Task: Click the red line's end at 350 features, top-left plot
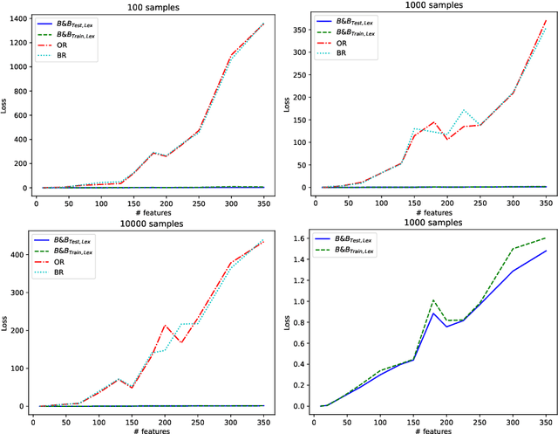(x=265, y=24)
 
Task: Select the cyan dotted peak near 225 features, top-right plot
(x=464, y=110)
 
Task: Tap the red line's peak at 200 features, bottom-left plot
(x=164, y=325)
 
